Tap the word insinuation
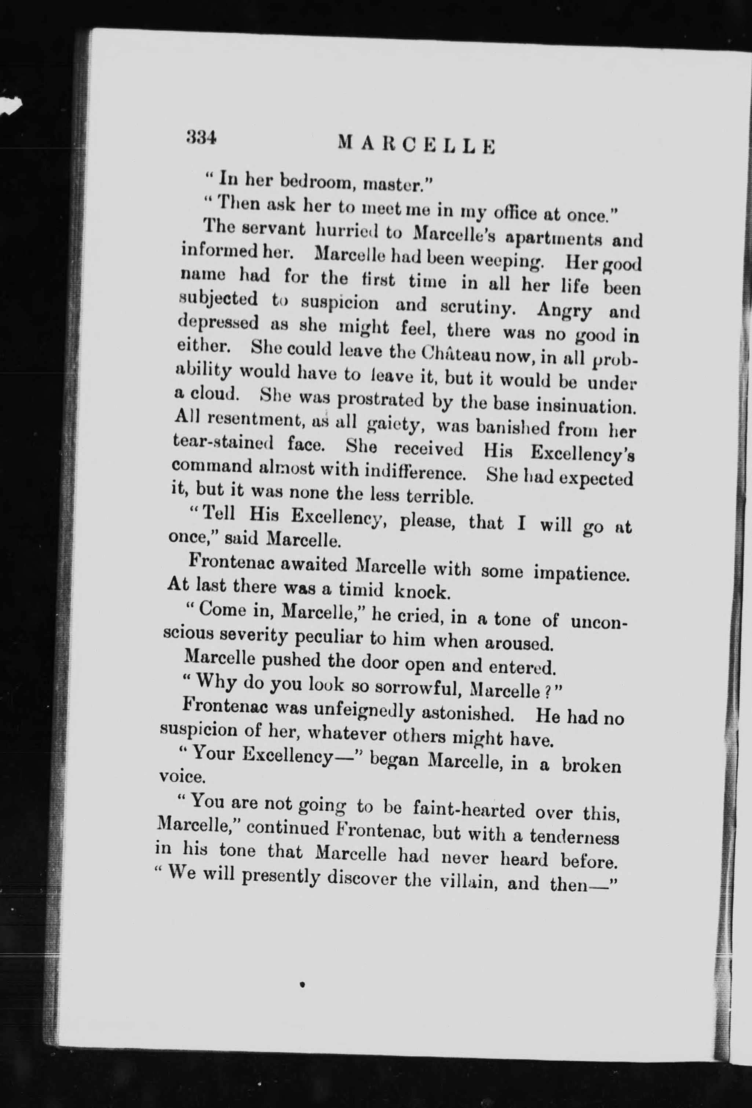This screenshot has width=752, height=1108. [586, 407]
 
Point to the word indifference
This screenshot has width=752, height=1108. [415, 473]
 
